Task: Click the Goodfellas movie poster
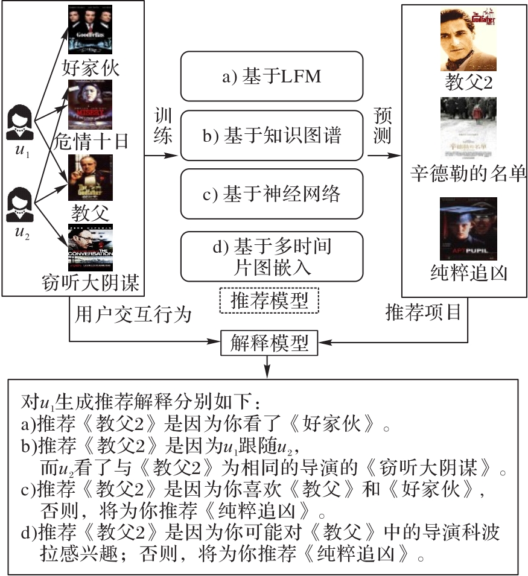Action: pyautogui.click(x=91, y=30)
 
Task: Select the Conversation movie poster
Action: pyautogui.click(x=91, y=247)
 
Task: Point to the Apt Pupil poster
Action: pyautogui.click(x=469, y=227)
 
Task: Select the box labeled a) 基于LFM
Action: pyautogui.click(x=272, y=77)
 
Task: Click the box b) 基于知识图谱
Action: pyautogui.click(x=272, y=136)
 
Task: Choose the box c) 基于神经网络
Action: pyautogui.click(x=272, y=194)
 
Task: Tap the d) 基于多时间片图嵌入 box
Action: pyautogui.click(x=272, y=256)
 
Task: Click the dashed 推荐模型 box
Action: pyautogui.click(x=269, y=300)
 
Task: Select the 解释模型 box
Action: pyautogui.click(x=269, y=343)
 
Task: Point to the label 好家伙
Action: pyautogui.click(x=91, y=67)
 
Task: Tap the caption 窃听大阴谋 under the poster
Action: pyautogui.click(x=91, y=282)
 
